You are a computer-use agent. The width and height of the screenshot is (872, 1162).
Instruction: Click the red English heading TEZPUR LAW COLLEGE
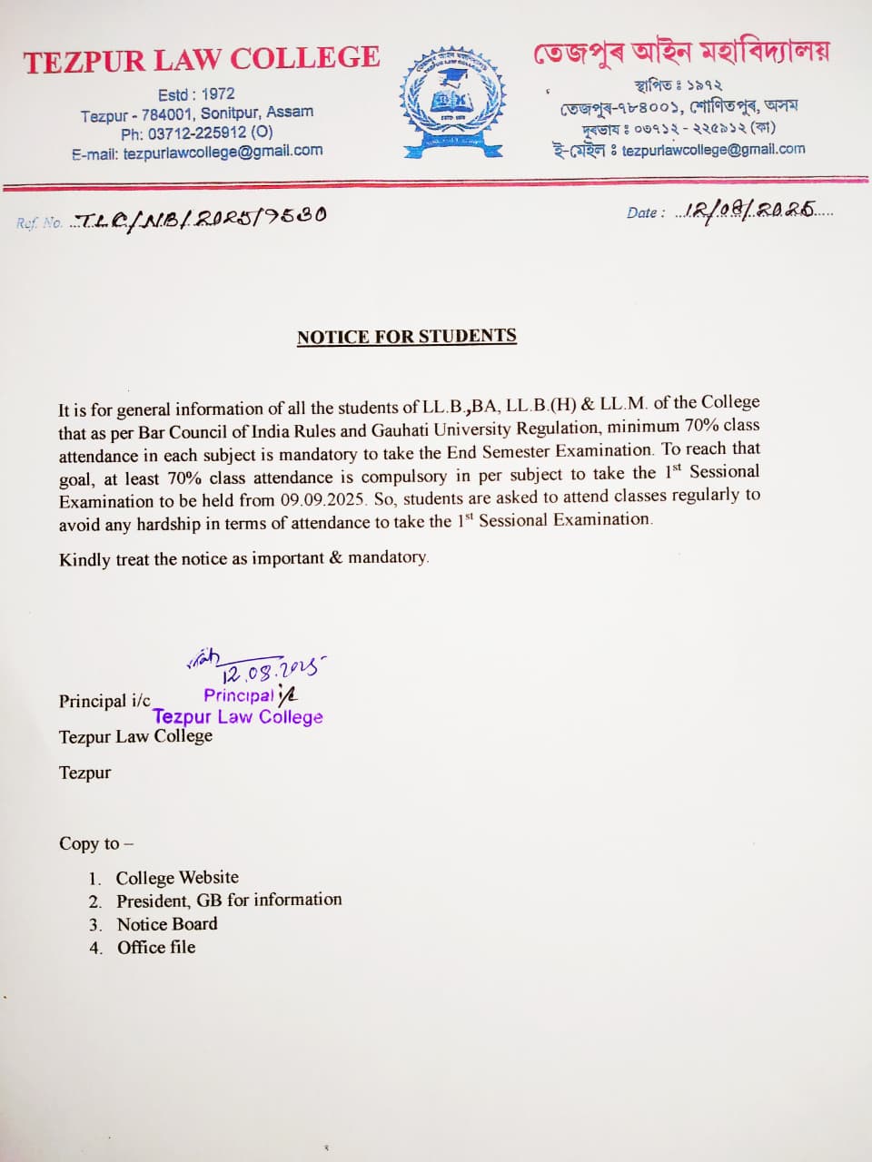pos(202,60)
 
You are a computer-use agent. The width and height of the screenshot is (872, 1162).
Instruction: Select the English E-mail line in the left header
pos(197,153)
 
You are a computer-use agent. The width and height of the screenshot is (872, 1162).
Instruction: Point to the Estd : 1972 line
pos(196,94)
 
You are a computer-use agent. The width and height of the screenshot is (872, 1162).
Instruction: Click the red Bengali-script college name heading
pos(680,53)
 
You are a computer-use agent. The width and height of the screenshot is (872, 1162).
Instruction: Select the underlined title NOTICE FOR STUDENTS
pos(406,337)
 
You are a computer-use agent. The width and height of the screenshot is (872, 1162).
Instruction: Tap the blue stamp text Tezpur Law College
pos(238,716)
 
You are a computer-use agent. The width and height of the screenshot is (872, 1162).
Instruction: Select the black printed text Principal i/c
pos(104,701)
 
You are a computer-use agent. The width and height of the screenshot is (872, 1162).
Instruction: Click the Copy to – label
pos(95,843)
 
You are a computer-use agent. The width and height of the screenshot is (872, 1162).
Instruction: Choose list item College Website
pos(177,878)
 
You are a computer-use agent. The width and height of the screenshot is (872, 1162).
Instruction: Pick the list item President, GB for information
pos(229,900)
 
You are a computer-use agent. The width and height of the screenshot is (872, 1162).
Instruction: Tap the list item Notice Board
pos(167,924)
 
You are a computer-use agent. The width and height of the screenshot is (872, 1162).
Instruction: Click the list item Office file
pos(156,948)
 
